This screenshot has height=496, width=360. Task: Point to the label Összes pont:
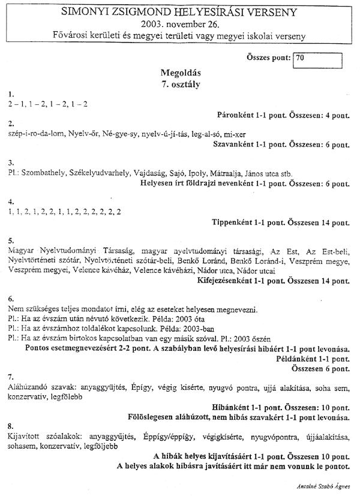click(268, 59)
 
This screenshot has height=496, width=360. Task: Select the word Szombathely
click(43, 173)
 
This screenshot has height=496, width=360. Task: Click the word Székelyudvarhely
click(100, 173)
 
